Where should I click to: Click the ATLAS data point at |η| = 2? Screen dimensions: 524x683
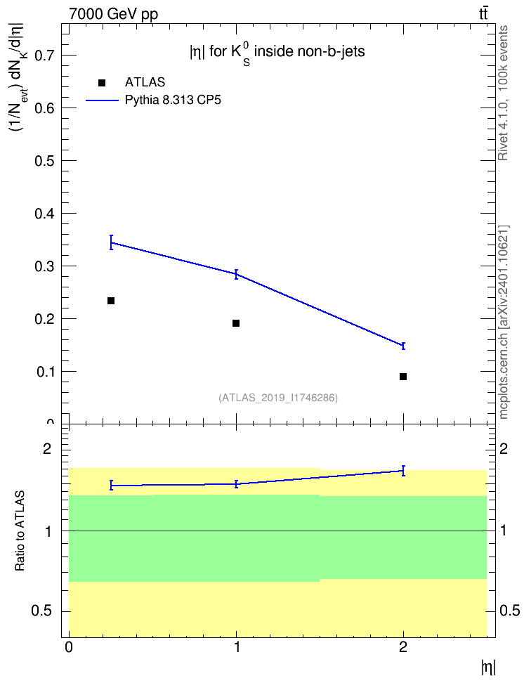403,377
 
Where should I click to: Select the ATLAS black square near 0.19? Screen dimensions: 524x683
236,323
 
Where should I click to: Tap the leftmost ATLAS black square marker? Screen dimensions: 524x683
111,301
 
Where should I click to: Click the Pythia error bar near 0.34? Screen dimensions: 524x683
112,242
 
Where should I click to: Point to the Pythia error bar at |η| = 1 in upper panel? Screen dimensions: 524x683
236,274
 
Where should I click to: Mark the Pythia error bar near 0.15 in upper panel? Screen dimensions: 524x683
403,346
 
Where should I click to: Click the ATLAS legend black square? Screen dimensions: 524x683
102,83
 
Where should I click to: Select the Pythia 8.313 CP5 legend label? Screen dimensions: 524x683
173,100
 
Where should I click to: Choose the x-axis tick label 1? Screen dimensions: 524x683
237,647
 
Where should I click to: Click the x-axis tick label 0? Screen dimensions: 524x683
69,647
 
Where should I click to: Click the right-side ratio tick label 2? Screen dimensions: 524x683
504,448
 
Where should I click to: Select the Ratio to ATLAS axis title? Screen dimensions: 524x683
20,531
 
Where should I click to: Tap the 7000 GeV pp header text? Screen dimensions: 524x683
113,14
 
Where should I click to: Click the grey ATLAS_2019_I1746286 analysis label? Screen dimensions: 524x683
278,398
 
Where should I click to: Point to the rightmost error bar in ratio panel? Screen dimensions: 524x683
403,470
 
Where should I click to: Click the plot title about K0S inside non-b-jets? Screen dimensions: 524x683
277,53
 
